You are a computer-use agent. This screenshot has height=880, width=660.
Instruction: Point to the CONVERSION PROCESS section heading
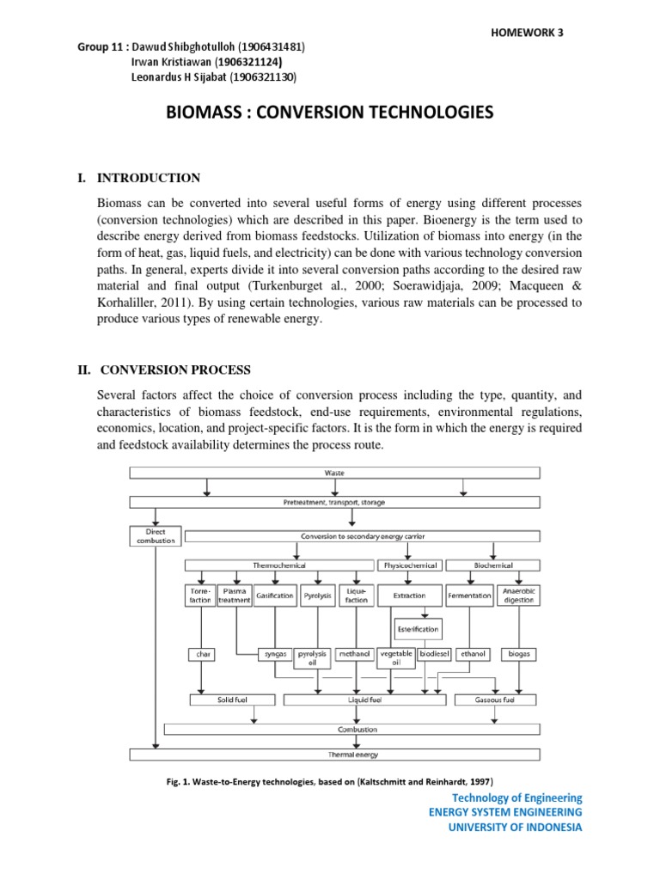[175, 370]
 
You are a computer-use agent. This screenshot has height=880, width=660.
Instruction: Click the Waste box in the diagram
[334, 472]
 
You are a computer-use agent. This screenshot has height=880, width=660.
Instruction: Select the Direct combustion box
[156, 536]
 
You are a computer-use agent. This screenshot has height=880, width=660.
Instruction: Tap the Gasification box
[275, 596]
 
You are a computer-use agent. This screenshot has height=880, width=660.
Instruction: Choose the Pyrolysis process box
[317, 596]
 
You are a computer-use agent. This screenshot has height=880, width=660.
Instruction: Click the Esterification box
[419, 627]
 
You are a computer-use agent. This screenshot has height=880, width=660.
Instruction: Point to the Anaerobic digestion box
[519, 595]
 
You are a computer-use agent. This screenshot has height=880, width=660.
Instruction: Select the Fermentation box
[470, 596]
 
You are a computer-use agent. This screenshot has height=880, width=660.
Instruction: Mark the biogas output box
[519, 654]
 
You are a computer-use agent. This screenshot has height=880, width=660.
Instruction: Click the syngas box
[275, 654]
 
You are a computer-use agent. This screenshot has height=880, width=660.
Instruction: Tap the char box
[204, 654]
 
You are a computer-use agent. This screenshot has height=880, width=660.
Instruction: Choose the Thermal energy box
[334, 755]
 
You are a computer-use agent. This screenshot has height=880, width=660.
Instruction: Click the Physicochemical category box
[408, 565]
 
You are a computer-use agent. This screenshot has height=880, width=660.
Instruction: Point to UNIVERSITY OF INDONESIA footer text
[505, 828]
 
